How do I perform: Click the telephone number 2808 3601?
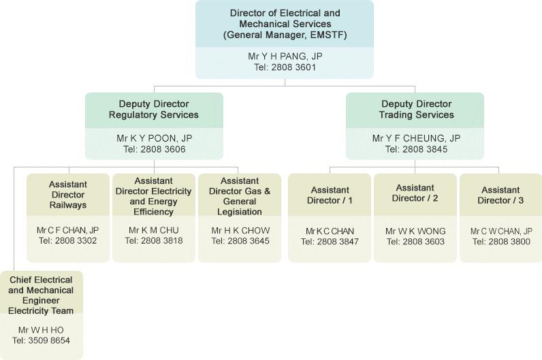coord(293,67)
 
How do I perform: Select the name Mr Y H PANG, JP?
coord(285,56)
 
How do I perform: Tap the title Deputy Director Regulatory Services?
coord(154,109)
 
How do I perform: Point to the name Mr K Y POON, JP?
coord(154,138)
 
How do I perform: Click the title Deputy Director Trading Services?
coord(417,109)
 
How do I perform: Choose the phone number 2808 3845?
coord(425,149)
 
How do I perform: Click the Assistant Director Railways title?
coord(68,195)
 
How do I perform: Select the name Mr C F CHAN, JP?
coord(68,230)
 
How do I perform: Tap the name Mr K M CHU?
coord(153,230)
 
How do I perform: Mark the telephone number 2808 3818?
coord(162,240)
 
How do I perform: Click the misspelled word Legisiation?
coord(240,212)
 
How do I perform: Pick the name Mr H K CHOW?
coord(240,231)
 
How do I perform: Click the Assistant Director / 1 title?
coord(330,195)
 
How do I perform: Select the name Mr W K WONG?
coord(415,231)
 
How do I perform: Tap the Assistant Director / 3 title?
coord(500,195)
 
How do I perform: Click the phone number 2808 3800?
coord(509,242)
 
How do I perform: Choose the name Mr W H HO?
coord(41,330)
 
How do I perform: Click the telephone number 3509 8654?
coord(49,340)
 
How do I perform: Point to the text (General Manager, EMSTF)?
coord(285,35)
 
